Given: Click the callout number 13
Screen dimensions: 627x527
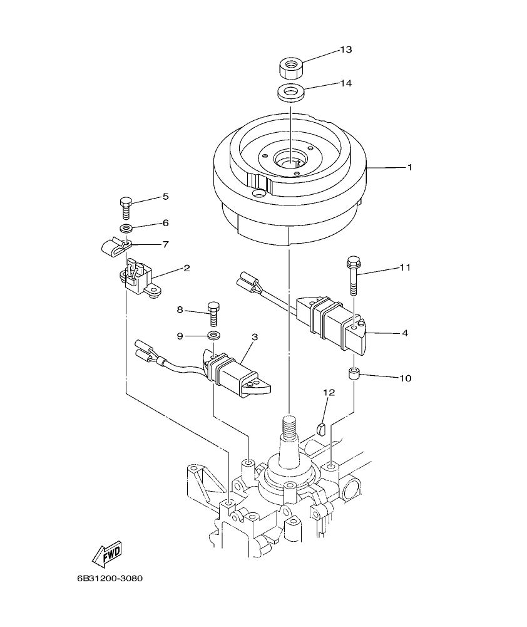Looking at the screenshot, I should (x=346, y=49).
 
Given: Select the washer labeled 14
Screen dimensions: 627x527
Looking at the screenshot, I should (x=289, y=92).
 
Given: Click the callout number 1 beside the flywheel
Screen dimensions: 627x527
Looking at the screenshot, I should (x=409, y=167).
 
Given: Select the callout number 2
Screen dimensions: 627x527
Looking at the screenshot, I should (x=187, y=268).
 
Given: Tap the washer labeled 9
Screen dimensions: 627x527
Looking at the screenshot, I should (x=213, y=336).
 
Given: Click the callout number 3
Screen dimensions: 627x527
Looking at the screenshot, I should (x=255, y=337).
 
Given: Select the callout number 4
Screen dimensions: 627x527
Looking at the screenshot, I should (x=405, y=333).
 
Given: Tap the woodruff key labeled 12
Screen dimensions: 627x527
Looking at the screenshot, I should (x=322, y=428).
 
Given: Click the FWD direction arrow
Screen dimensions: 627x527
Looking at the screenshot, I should (x=107, y=553).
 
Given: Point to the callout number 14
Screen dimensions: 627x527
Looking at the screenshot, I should (x=346, y=83).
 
